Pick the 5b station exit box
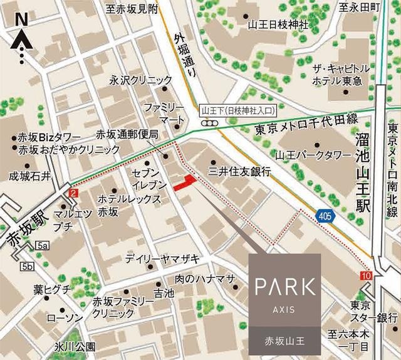tap(27, 267)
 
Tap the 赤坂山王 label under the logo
tap(285, 343)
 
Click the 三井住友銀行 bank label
tap(239, 171)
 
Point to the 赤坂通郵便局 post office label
tap(130, 134)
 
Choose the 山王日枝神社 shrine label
tap(278, 25)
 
